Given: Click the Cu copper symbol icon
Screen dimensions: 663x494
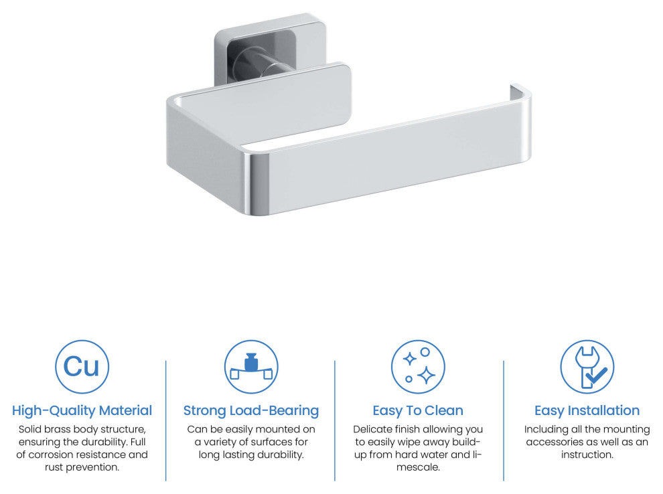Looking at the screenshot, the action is [82, 367].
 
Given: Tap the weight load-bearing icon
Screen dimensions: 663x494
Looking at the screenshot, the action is [251, 367].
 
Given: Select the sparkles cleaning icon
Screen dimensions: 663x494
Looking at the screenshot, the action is [418, 367].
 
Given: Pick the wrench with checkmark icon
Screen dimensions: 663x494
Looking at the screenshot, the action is [587, 367].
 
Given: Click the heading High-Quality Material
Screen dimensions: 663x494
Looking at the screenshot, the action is [82, 410].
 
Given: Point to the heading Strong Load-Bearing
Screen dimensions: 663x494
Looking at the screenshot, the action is [251, 410].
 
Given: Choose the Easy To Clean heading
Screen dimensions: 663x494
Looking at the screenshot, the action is [418, 410].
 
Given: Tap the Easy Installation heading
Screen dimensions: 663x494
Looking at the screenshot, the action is [587, 410].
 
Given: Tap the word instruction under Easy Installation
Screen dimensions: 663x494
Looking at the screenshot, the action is [587, 455].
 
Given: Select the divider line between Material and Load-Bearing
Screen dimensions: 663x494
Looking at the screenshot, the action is [166, 420].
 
